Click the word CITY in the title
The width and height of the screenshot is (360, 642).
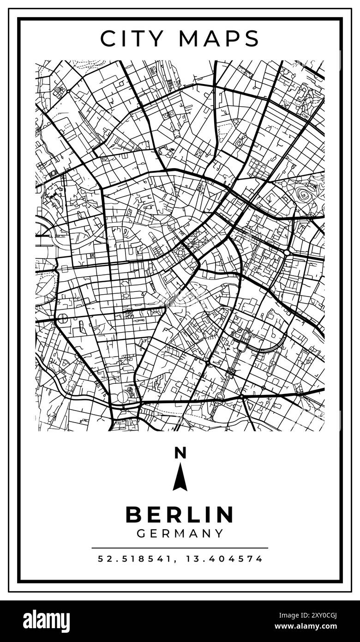coord(131,38)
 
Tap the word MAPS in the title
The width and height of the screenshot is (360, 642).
coord(219,38)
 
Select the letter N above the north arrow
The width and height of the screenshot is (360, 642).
coord(180,453)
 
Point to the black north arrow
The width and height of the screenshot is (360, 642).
coord(180,478)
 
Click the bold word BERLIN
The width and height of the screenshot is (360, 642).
coord(180,515)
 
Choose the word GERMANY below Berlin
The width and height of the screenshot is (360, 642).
coord(180,533)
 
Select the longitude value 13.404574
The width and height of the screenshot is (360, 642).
coord(224,559)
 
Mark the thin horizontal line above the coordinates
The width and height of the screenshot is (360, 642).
coord(180,548)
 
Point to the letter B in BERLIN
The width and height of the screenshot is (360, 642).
coord(134,515)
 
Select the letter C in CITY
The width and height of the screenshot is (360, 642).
coord(108,38)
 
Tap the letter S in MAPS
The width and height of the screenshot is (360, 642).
coord(252,38)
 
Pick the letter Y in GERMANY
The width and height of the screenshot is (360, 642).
coord(219,533)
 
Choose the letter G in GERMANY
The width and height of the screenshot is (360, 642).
coord(141,533)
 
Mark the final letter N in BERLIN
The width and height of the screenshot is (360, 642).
coord(226,515)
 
